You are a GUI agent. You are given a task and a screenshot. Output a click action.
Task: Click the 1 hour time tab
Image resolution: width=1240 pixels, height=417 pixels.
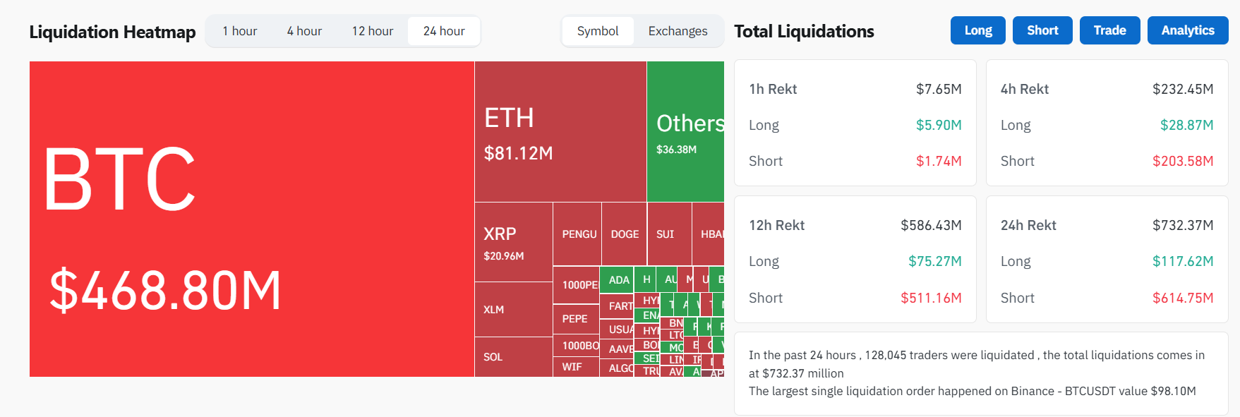239,31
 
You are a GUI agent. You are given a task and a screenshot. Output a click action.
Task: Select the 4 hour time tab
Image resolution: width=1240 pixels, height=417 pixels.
304,31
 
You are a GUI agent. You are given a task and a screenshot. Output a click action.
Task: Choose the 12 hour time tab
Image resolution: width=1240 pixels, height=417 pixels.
372,31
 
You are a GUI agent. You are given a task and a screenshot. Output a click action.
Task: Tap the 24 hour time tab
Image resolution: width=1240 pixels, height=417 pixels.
444,31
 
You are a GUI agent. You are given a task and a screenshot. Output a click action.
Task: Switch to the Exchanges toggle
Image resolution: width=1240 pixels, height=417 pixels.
678,31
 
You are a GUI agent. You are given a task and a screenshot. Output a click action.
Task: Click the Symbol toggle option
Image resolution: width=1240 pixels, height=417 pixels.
598,31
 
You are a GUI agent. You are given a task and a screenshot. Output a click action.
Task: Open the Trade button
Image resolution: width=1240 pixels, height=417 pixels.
1109,30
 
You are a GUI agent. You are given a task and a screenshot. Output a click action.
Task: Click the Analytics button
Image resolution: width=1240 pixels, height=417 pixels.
1188,30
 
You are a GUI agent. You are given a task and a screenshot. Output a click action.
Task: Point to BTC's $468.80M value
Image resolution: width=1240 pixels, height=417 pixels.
165,289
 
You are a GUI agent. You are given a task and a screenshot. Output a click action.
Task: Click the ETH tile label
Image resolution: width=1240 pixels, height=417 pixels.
509,118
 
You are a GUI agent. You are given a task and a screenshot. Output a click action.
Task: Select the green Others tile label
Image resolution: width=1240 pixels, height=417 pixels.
690,123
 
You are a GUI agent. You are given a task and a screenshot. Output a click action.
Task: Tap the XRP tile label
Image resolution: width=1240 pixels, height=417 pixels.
500,234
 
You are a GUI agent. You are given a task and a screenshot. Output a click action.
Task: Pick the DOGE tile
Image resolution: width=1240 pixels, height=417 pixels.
625,234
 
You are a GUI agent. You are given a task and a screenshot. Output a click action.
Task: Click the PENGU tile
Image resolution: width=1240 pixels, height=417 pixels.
579,234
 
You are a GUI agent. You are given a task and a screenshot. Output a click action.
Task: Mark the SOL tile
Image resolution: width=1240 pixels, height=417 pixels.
493,357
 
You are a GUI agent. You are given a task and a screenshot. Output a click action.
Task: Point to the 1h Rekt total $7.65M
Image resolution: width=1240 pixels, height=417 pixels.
939,89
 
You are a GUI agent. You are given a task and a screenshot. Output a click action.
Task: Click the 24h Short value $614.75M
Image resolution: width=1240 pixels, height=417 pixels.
1183,298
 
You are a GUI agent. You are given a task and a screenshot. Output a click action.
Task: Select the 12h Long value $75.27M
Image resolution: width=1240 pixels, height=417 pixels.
934,261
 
